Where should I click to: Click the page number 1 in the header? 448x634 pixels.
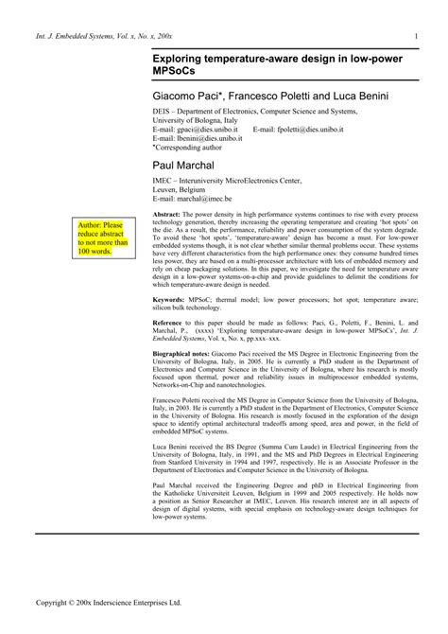[x=416, y=37]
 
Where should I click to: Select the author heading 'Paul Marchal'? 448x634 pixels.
[x=183, y=167]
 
